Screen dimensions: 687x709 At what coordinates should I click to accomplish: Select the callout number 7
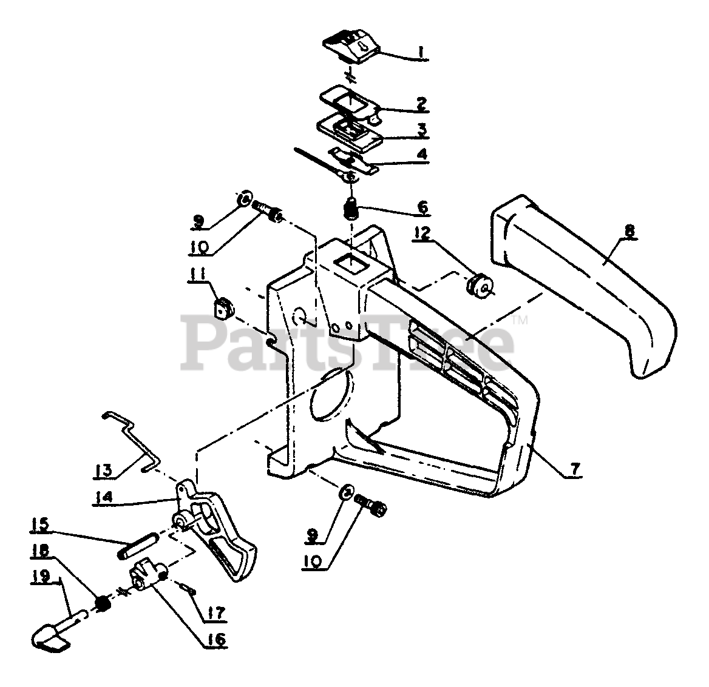point(575,469)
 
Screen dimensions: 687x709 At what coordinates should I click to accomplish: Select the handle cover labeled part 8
point(583,285)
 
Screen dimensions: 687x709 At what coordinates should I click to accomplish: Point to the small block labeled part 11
point(224,307)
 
